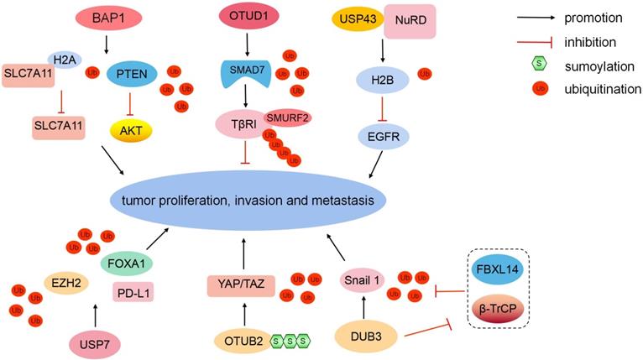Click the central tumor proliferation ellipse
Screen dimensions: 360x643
coord(248,198)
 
